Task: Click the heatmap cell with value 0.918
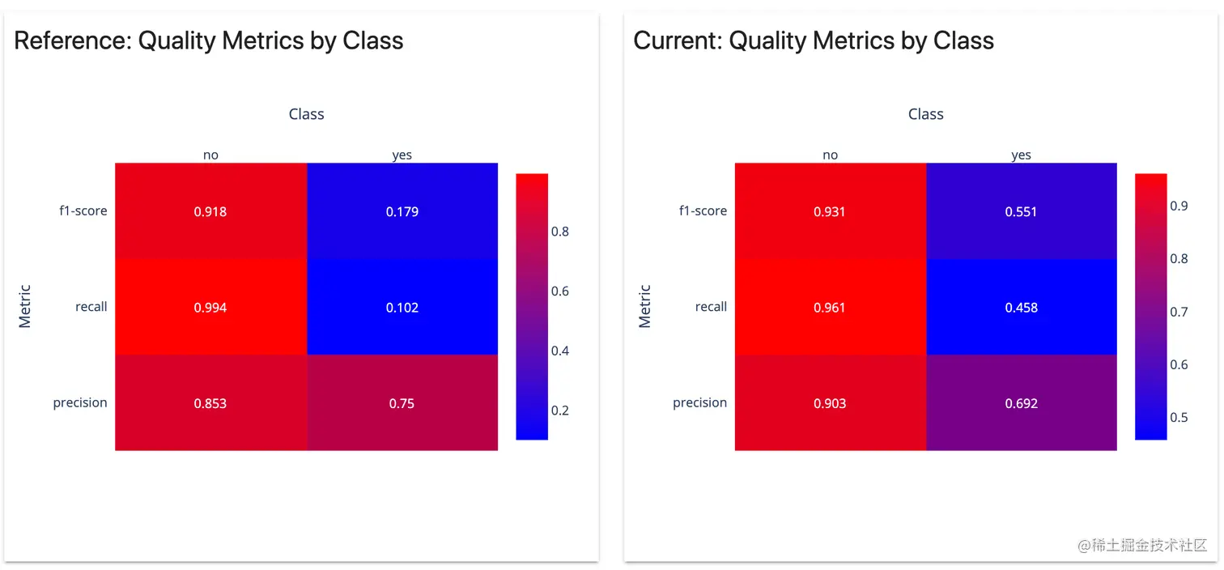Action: [x=210, y=211]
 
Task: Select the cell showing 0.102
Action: [x=402, y=307]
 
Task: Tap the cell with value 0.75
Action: [x=402, y=402]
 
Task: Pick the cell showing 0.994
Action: [x=210, y=307]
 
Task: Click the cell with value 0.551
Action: [x=1021, y=211]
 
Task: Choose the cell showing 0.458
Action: [x=1021, y=307]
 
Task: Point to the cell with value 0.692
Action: [x=1021, y=402]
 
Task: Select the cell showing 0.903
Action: [x=830, y=402]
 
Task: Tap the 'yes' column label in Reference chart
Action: [x=402, y=155]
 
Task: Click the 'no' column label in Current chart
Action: [x=830, y=155]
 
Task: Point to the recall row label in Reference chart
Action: [x=91, y=307]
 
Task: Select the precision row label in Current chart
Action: [x=699, y=402]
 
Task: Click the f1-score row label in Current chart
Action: [x=703, y=211]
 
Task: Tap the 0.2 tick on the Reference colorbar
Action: [x=559, y=410]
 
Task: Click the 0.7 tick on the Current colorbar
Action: [x=1179, y=312]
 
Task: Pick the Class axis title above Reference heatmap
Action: [x=306, y=114]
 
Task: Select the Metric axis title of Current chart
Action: [x=644, y=306]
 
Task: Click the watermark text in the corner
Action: [x=1142, y=545]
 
